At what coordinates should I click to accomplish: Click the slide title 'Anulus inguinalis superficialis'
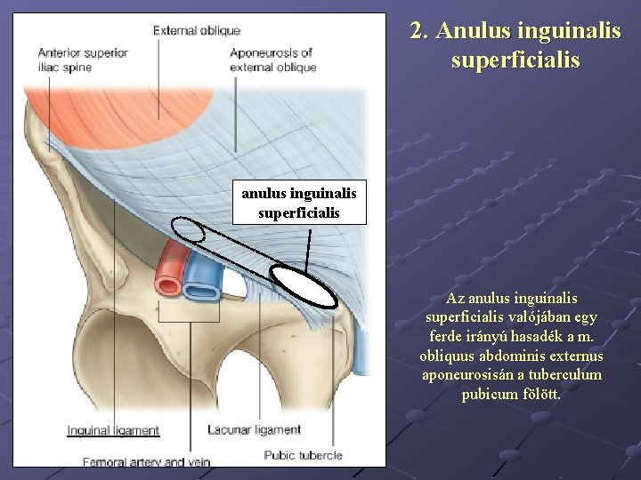515,45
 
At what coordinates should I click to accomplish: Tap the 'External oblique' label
197,31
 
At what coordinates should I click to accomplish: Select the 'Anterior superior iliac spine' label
83,60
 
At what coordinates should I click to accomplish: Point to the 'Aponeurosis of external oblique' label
272,60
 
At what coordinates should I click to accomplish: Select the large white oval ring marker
304,286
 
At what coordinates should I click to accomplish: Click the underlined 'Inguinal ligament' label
113,431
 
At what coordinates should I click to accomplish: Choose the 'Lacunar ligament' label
254,430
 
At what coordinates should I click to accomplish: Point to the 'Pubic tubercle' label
303,456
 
